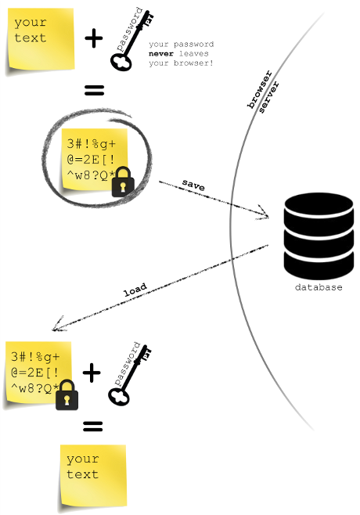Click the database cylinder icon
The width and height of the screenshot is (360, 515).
pyautogui.click(x=319, y=236)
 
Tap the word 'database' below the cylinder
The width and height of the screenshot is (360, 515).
pyautogui.click(x=319, y=287)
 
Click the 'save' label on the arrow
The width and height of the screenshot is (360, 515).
pyautogui.click(x=193, y=185)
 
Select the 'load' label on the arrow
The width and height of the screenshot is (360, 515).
pyautogui.click(x=135, y=290)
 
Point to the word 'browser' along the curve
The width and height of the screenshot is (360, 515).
pyautogui.click(x=260, y=89)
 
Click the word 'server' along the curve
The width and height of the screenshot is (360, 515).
pyautogui.click(x=268, y=97)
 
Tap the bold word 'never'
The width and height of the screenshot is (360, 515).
pyautogui.click(x=161, y=53)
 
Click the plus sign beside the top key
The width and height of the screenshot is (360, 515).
pyautogui.click(x=94, y=38)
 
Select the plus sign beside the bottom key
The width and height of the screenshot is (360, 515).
pyautogui.click(x=92, y=373)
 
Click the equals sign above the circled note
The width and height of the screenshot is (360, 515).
pyautogui.click(x=94, y=90)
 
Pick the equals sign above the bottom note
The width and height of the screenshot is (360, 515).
pyautogui.click(x=93, y=427)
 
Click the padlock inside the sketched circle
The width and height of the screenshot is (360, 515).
pyautogui.click(x=123, y=182)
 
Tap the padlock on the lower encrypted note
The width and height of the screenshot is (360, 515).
pyautogui.click(x=67, y=394)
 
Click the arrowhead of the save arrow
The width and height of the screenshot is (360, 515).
pyautogui.click(x=265, y=213)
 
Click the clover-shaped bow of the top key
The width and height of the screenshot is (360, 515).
pyautogui.click(x=121, y=62)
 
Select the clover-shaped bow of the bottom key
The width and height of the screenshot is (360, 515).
pyautogui.click(x=119, y=396)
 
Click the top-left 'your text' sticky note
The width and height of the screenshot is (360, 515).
pyautogui.click(x=40, y=39)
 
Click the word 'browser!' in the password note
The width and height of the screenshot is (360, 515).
pyautogui.click(x=193, y=63)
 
